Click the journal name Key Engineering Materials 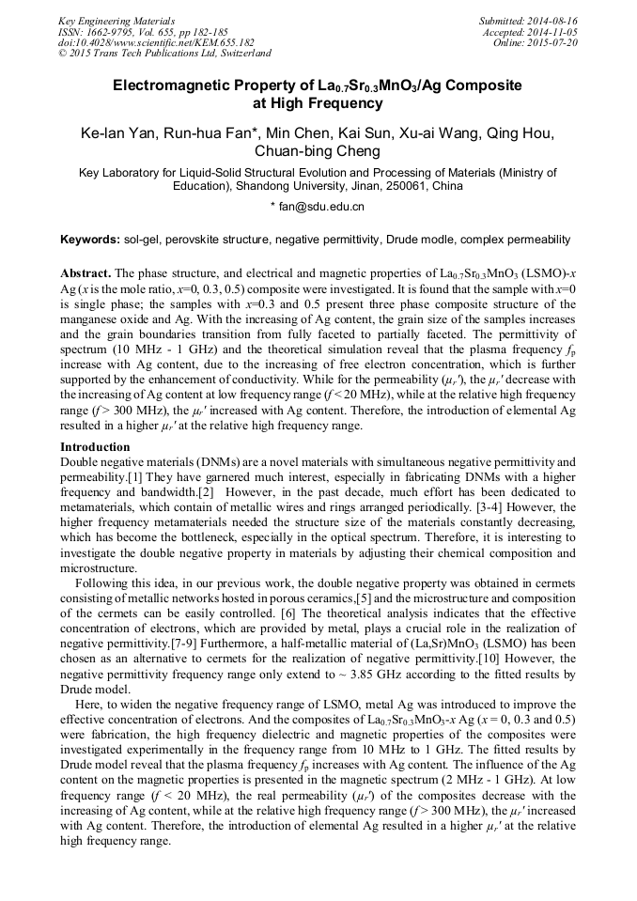pos(117,20)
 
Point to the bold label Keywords pos(89,240)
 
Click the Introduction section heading pos(95,446)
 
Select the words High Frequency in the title pos(319,103)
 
